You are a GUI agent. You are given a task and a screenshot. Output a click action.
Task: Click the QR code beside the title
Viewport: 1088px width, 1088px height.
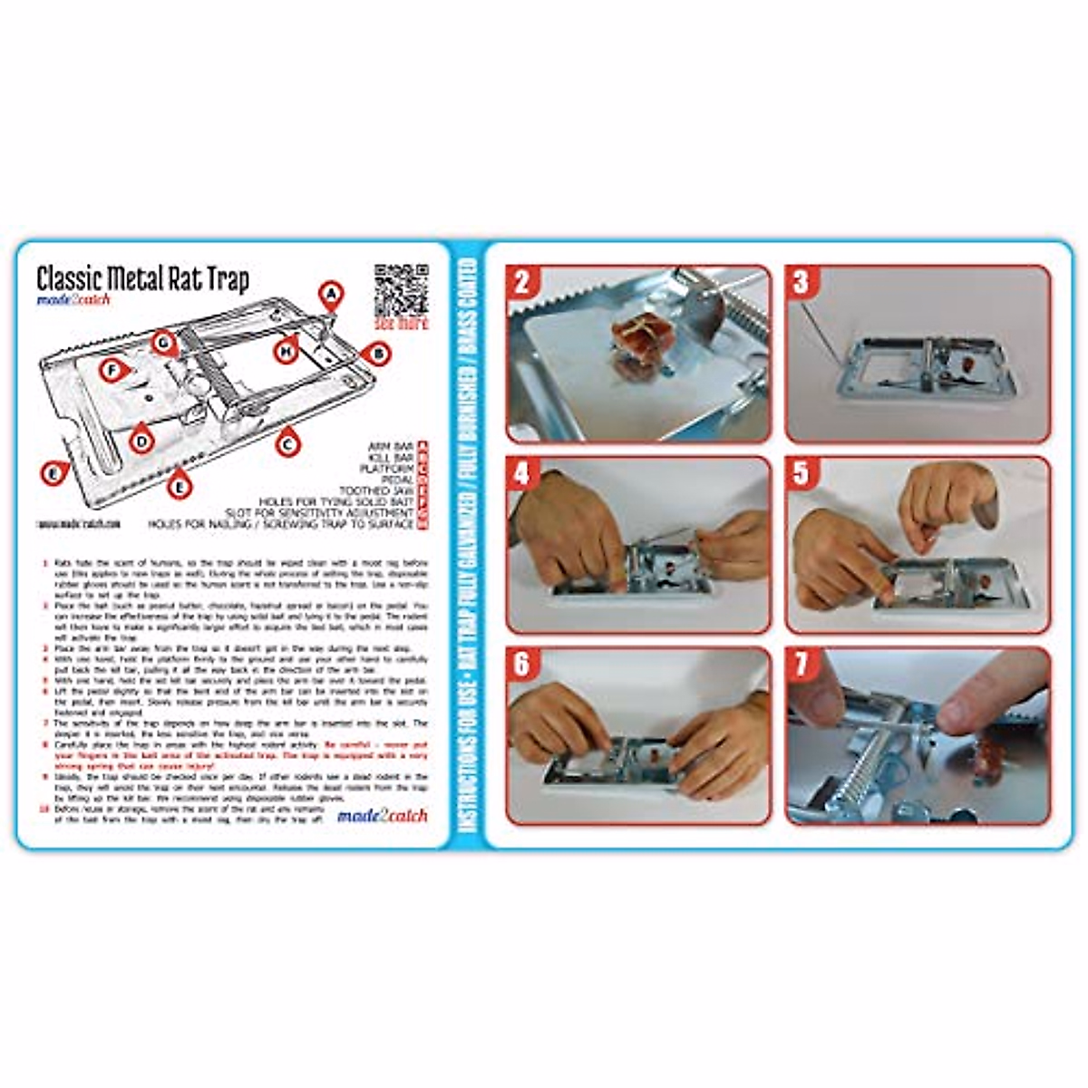pos(400,288)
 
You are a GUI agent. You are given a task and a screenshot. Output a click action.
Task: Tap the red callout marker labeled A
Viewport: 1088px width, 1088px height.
pos(332,294)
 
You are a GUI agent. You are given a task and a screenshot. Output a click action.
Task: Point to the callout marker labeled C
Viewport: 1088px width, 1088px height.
pos(288,443)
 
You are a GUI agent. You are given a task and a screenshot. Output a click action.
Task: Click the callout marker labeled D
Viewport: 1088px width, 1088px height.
pos(141,442)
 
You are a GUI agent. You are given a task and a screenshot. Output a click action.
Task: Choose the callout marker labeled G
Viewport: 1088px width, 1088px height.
pos(163,343)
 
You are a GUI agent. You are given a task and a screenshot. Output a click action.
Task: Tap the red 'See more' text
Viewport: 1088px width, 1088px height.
pos(400,323)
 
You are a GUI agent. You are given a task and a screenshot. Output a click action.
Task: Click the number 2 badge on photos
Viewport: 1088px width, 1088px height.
pos(521,282)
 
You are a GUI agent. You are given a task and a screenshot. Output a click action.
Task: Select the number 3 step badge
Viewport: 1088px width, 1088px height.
pos(800,282)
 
